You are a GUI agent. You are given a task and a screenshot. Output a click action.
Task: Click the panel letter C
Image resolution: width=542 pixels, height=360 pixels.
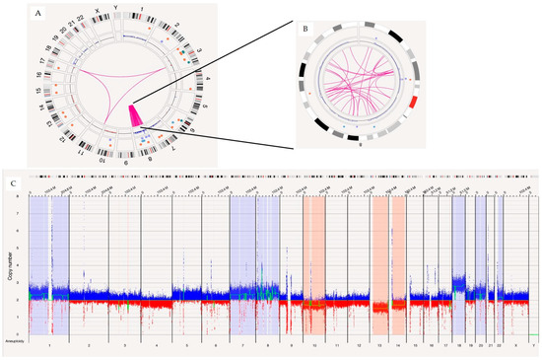12,181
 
